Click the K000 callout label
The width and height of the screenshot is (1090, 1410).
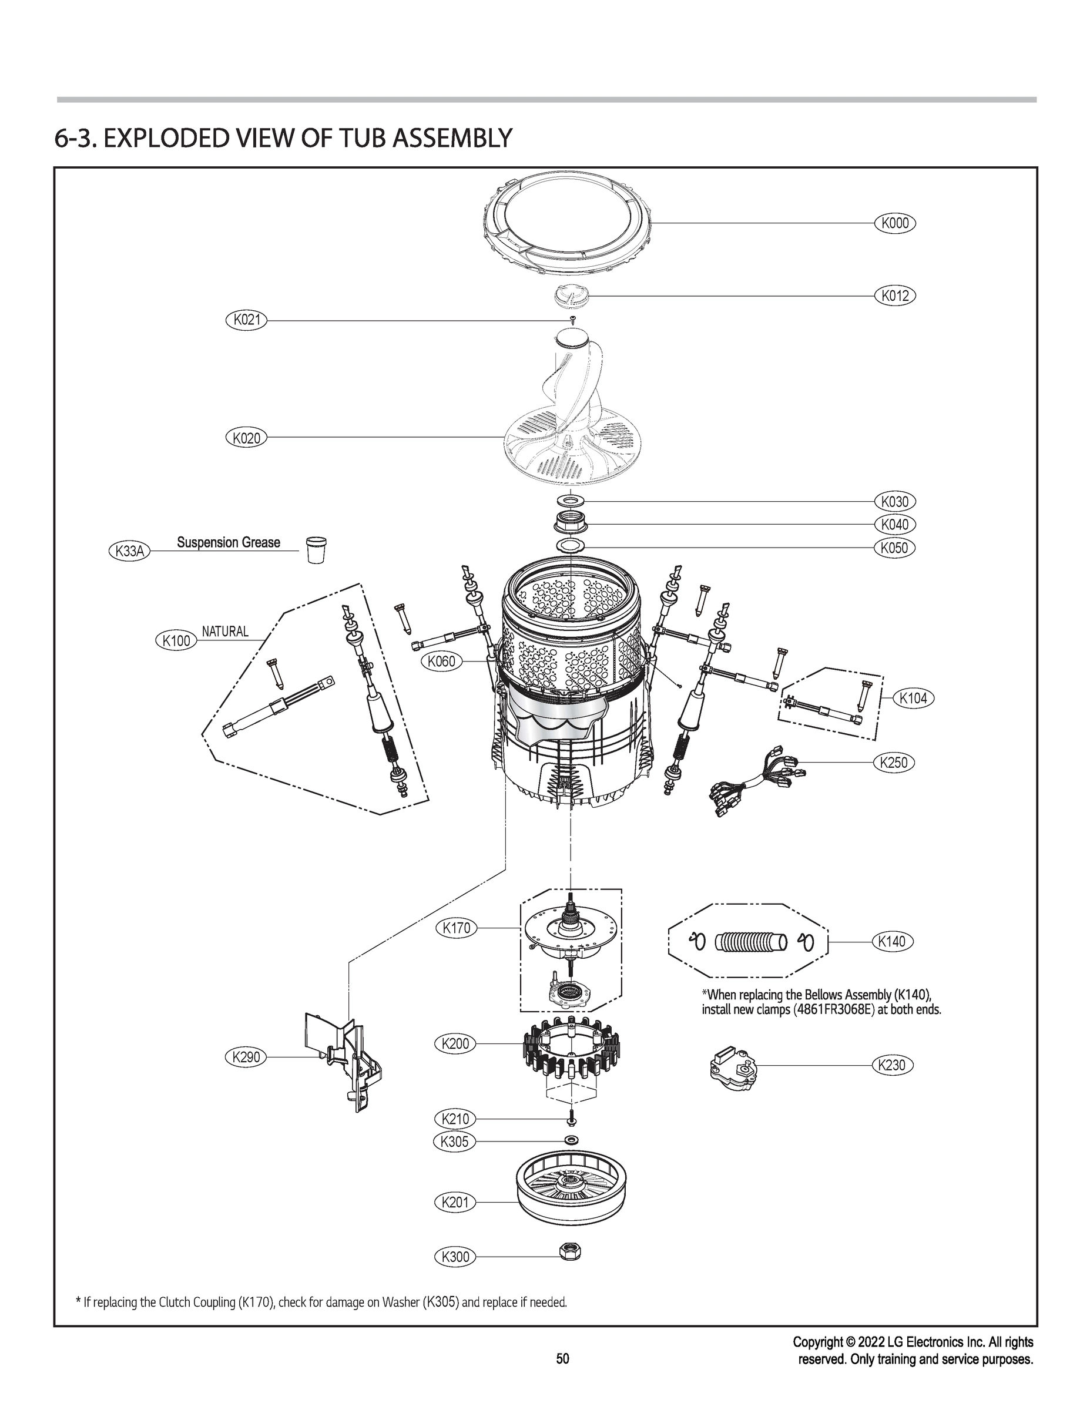(895, 223)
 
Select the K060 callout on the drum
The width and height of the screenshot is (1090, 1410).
(442, 661)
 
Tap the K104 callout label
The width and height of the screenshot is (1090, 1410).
(913, 698)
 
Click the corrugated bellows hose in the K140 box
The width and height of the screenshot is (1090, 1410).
(751, 942)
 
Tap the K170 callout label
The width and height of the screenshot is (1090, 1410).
(456, 928)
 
